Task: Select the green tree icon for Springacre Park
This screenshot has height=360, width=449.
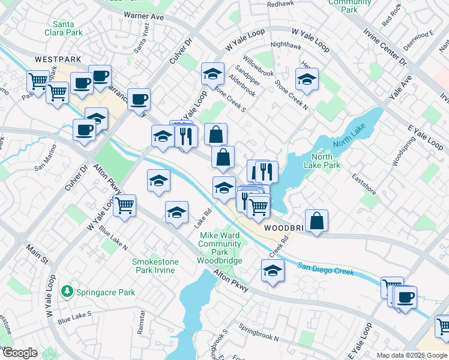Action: coord(68,292)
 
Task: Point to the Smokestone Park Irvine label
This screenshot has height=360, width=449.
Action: coord(154,266)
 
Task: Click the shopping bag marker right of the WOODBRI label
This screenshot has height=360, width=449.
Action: coord(316,221)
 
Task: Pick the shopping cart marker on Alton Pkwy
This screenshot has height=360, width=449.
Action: coord(124,205)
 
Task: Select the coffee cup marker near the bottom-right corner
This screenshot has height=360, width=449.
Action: coord(405,297)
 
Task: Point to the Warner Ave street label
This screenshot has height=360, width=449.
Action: coord(143,16)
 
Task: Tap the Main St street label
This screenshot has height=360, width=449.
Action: coord(36,254)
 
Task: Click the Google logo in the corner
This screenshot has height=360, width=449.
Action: coord(19,353)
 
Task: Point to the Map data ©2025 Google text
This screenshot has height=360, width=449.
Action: coord(411,355)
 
